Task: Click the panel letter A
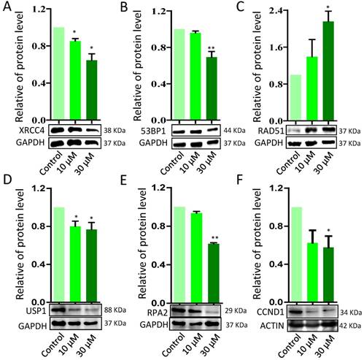[x=7, y=8]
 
